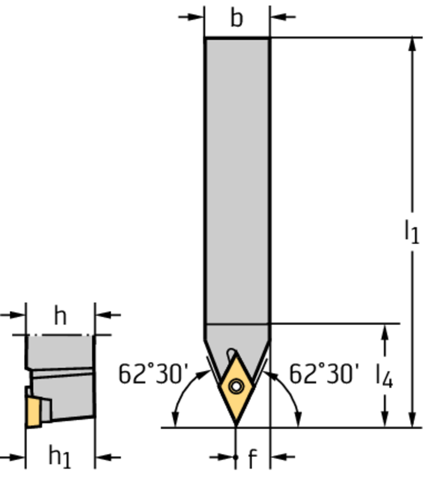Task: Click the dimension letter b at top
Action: tap(237, 18)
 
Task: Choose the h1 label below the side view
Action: tap(60, 456)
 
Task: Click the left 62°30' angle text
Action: tap(153, 373)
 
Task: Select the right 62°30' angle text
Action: tap(324, 373)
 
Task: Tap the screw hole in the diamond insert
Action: tap(236, 386)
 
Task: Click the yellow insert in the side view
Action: tap(33, 412)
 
